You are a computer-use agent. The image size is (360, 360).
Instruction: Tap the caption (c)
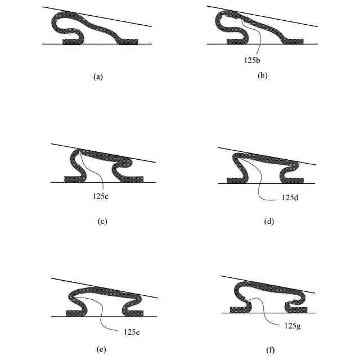102,221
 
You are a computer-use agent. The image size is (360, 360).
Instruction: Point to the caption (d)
268,221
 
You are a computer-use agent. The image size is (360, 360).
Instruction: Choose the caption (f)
270,350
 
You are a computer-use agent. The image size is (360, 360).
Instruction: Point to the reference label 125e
129,332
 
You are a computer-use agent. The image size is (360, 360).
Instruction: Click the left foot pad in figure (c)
71,179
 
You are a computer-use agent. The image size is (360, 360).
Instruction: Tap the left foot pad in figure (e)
73,313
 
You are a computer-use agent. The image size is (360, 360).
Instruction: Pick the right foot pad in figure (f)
298,309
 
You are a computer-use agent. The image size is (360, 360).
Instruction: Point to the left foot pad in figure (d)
234,180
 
